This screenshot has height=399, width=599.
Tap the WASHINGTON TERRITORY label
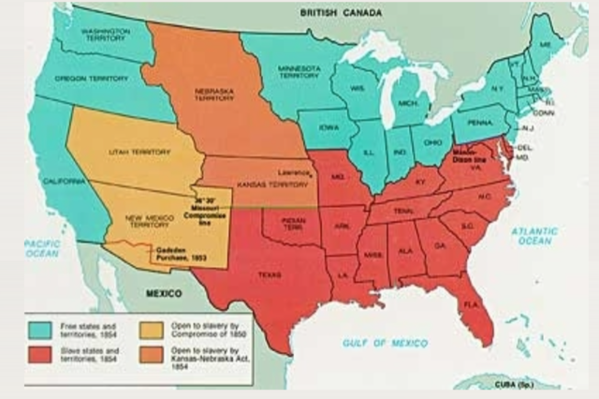(x=105, y=35)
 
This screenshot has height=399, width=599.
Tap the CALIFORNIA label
(x=66, y=183)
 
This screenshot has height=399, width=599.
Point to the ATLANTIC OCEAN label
(x=534, y=235)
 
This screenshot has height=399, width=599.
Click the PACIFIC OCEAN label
(x=41, y=248)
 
